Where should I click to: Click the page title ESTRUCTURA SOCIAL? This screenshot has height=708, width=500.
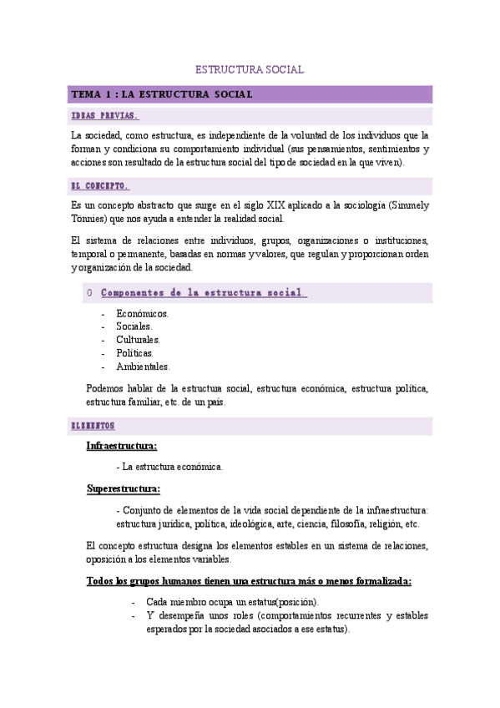[250, 70]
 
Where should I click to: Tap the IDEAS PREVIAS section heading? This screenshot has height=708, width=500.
[105, 116]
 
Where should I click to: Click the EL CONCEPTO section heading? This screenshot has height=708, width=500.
[100, 186]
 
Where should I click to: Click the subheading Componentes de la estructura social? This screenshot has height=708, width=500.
[204, 293]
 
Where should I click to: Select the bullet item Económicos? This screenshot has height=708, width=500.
[142, 314]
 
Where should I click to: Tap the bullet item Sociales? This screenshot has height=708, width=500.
[134, 326]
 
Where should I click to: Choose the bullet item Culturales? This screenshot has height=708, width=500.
[138, 340]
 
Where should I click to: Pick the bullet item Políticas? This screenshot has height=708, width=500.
[135, 353]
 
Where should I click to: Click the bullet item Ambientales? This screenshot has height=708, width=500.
[143, 367]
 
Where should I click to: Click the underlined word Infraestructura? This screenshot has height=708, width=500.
[121, 446]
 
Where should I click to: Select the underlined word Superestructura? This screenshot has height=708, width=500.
[124, 489]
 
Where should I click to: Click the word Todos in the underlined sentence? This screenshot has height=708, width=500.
[99, 581]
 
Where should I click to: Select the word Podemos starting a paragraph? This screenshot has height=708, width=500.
[106, 388]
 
